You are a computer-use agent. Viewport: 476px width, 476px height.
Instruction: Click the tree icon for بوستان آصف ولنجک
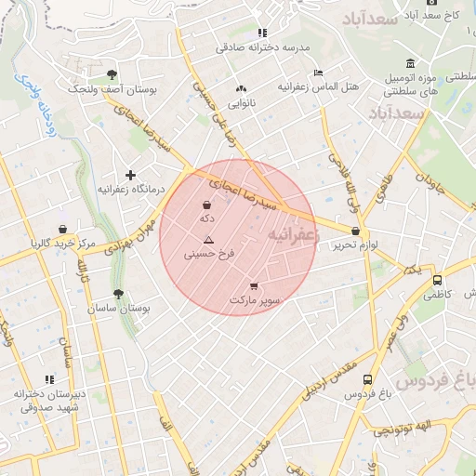112,73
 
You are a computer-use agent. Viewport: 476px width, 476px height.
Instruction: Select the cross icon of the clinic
130,174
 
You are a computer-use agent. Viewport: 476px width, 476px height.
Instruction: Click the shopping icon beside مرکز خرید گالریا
62,229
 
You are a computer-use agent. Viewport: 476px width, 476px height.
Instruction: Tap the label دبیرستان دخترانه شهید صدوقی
50,401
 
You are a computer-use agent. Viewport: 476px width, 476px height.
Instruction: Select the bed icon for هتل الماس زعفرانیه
319,73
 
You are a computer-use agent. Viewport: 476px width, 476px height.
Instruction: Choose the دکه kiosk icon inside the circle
206,205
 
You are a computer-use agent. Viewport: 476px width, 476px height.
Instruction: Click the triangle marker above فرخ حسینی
208,240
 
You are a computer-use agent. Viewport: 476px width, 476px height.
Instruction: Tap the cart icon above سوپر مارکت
255,286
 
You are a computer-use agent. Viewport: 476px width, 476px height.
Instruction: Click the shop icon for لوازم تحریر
355,231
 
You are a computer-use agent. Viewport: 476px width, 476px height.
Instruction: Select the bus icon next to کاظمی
437,280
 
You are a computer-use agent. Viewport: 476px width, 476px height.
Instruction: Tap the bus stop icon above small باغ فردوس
368,379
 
